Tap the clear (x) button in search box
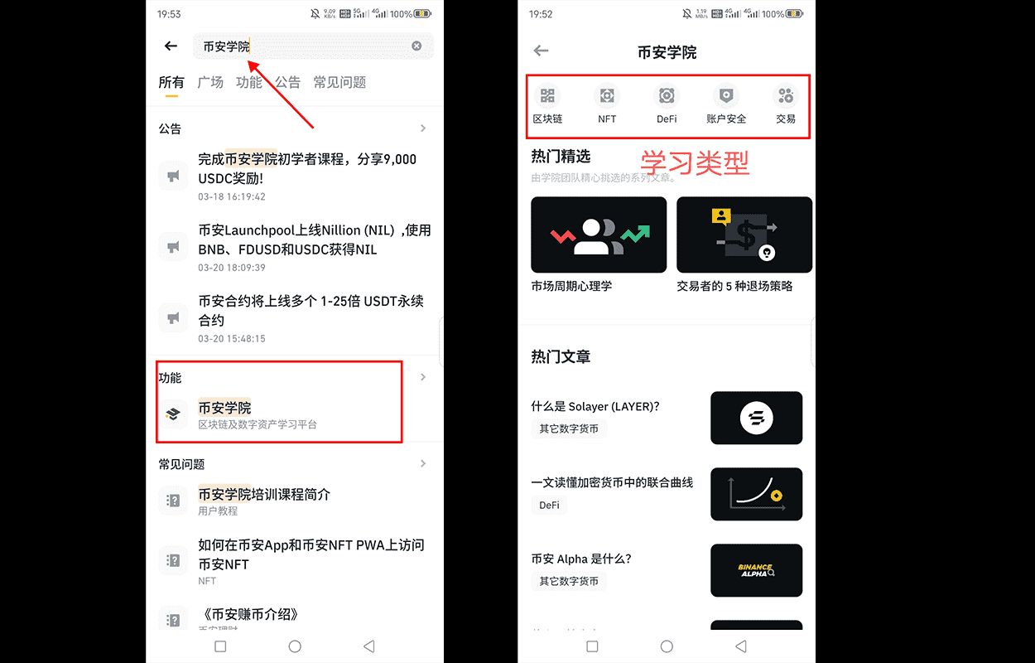coord(416,46)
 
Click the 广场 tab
coord(210,82)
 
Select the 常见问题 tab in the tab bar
coord(339,82)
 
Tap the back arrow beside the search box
coord(171,46)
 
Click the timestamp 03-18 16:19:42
coord(232,197)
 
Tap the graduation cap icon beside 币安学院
coord(173,414)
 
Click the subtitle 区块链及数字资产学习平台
coord(257,424)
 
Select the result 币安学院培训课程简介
coord(264,494)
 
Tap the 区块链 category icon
coord(547,96)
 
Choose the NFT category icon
coord(607,96)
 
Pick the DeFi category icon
coord(667,96)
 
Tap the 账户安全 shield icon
coord(726,96)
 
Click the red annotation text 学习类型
coord(695,162)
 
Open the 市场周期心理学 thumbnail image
coord(599,235)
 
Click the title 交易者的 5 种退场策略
coord(734,286)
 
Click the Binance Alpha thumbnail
coord(756,570)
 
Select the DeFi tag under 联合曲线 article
coord(549,505)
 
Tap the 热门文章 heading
coord(561,356)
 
